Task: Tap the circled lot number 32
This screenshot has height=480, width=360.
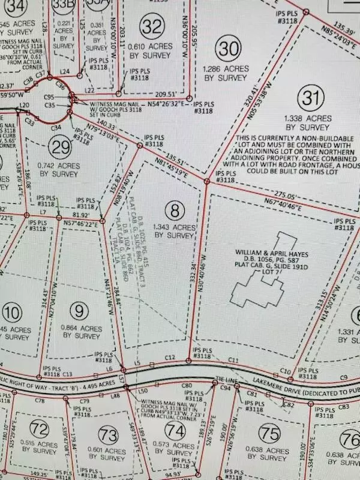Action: (x=153, y=26)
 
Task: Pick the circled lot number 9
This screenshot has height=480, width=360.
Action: (x=77, y=311)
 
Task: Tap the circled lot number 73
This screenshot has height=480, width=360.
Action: (x=109, y=433)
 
